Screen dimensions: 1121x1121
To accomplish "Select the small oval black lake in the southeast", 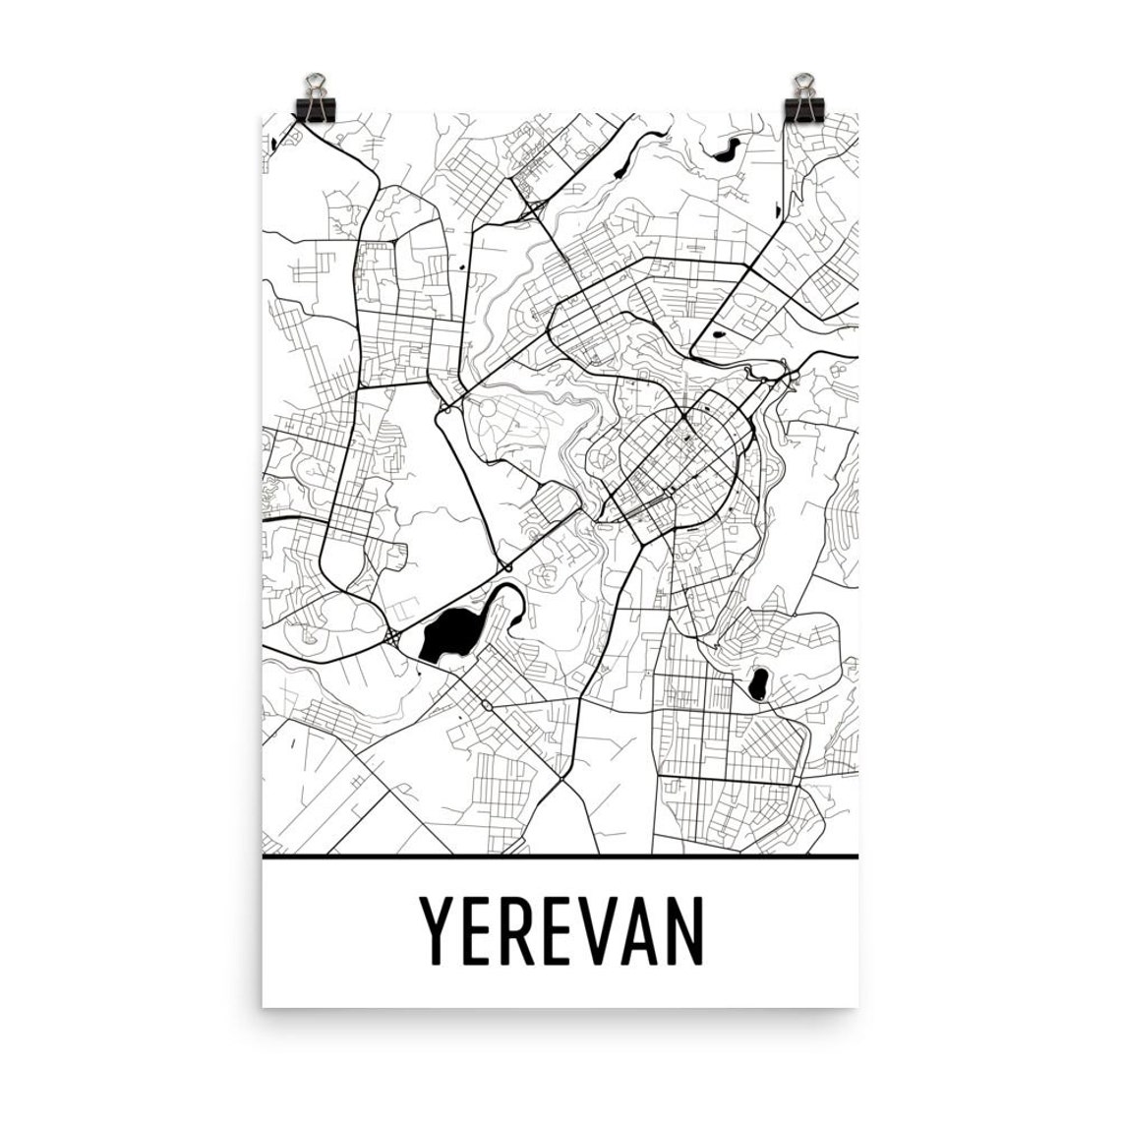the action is tap(758, 682).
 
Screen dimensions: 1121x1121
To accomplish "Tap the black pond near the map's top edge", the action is tap(727, 151).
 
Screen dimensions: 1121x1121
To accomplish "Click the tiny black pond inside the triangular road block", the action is tap(716, 334).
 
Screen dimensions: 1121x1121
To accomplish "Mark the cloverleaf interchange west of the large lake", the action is tap(393, 637).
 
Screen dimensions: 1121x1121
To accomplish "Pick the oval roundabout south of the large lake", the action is tap(488, 705).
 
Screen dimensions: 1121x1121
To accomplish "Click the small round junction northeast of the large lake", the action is tap(505, 567).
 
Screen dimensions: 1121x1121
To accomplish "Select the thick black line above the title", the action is tap(560, 857).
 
